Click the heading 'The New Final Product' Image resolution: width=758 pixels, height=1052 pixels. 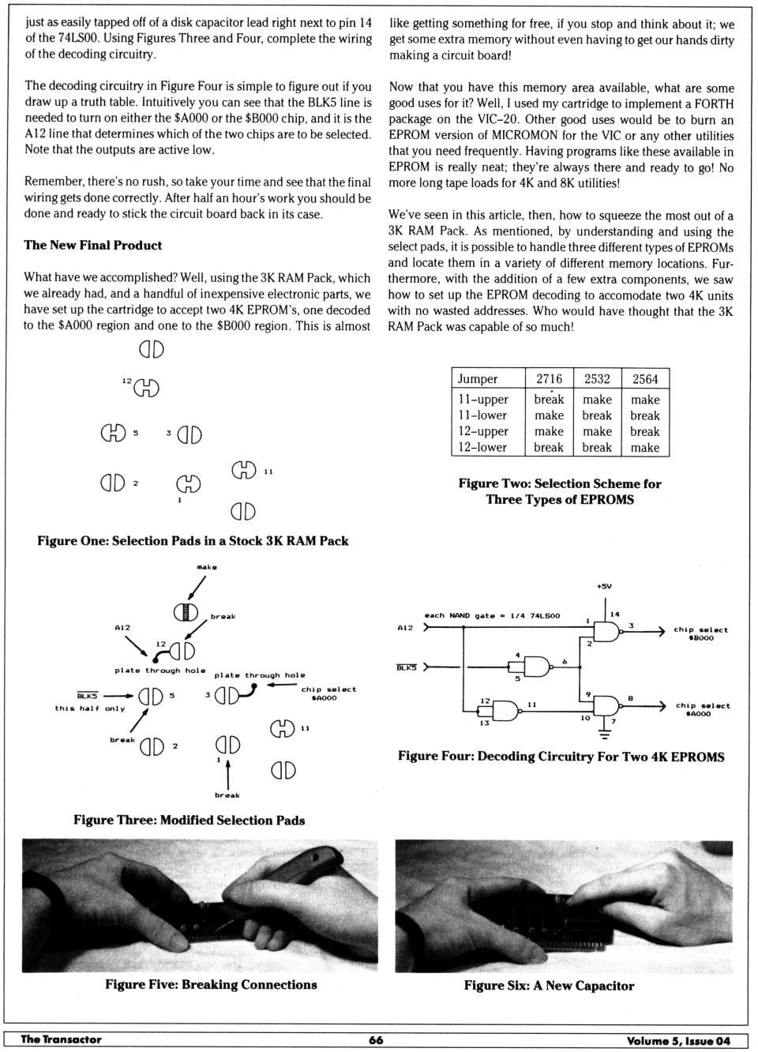[x=93, y=246]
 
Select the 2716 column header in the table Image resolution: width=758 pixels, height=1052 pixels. [x=549, y=379]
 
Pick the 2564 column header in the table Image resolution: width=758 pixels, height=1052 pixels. [x=645, y=379]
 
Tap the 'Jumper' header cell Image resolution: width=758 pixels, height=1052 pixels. [x=478, y=379]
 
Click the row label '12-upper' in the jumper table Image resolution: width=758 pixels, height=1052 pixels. [x=483, y=431]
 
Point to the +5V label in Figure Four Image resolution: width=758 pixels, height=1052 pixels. [x=604, y=586]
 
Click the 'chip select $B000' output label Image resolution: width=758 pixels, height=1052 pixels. [x=700, y=633]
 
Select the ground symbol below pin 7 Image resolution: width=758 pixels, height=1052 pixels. [x=605, y=734]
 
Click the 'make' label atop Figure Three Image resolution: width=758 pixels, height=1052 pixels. [x=207, y=567]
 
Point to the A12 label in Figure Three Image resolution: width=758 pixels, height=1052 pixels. [x=122, y=628]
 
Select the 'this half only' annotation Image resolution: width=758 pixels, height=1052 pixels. [x=90, y=708]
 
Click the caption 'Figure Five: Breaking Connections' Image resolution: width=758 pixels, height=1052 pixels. [x=211, y=985]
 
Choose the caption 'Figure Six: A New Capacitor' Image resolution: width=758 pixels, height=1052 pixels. [x=549, y=986]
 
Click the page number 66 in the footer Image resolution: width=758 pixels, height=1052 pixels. [x=376, y=1040]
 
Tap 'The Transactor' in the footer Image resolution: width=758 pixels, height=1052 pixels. [x=61, y=1040]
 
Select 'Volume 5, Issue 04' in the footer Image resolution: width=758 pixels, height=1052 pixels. [x=678, y=1041]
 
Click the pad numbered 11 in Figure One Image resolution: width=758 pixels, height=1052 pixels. [x=244, y=471]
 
